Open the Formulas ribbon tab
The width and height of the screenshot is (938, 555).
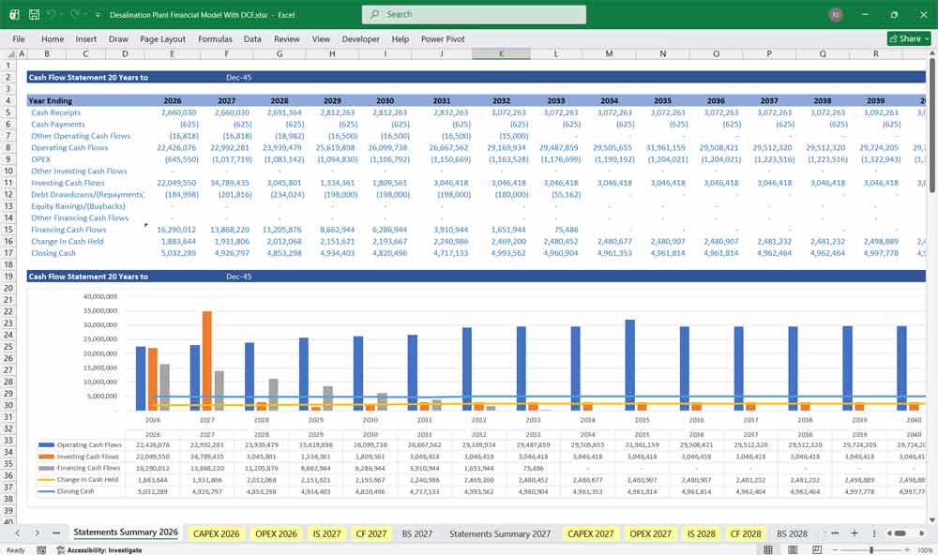(215, 39)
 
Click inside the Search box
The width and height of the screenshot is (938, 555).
(474, 14)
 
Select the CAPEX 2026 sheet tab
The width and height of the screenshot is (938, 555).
(216, 533)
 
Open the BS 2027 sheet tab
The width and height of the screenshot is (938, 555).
(416, 533)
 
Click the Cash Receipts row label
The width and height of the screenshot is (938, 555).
(56, 112)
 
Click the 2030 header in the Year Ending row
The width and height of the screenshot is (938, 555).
(385, 100)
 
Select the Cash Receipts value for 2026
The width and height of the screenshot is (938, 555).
(174, 112)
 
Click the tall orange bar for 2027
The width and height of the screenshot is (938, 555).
(207, 361)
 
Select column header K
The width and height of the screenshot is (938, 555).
(501, 53)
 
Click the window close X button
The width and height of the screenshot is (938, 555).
(921, 14)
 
